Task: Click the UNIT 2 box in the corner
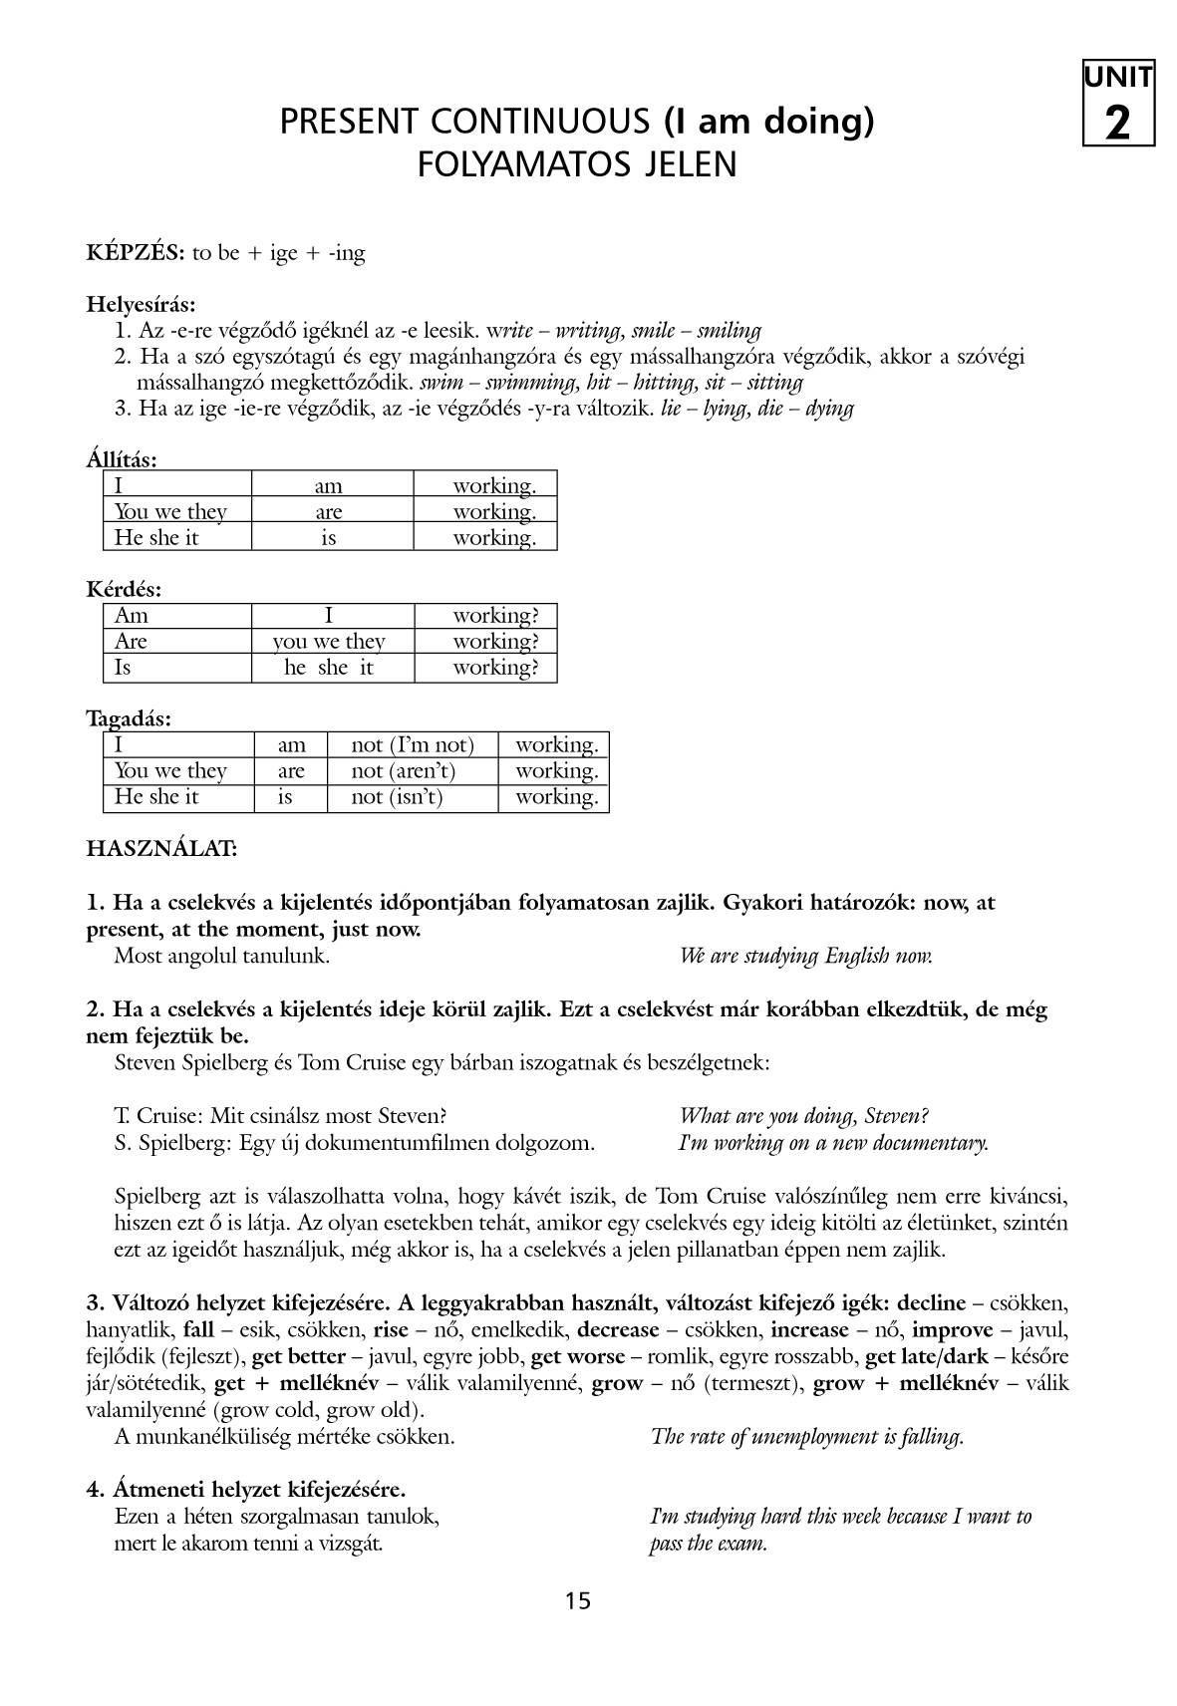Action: pos(1118,104)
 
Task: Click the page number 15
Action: pos(578,1600)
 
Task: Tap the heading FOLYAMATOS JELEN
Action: pos(578,164)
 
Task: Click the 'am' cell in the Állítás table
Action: pos(329,486)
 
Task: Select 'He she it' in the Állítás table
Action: pos(156,538)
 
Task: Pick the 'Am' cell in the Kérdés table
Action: pos(132,616)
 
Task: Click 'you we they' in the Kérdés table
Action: pos(329,642)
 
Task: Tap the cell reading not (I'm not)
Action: pos(413,745)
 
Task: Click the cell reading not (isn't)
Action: pos(397,797)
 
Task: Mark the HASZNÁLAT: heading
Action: pos(161,850)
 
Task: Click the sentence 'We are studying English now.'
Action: pos(805,957)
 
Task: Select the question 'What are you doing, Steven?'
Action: pos(803,1117)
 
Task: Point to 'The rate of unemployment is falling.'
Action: pos(806,1437)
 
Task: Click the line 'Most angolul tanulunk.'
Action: pos(222,957)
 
